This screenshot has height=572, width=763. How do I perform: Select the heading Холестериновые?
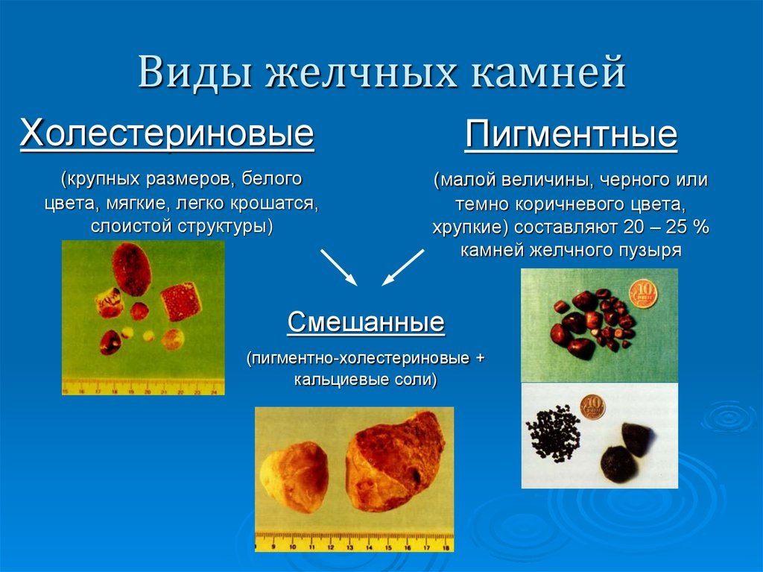pos(167,134)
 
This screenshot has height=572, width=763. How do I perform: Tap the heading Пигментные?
pos(571,136)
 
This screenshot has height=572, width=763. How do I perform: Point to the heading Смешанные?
pos(366,323)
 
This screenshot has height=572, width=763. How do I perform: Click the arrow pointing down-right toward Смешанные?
pos(339,267)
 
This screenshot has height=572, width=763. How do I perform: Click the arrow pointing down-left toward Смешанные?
pos(403,267)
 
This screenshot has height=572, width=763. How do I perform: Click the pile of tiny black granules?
pos(553,433)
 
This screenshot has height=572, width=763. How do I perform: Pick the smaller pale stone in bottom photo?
pos(295,477)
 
